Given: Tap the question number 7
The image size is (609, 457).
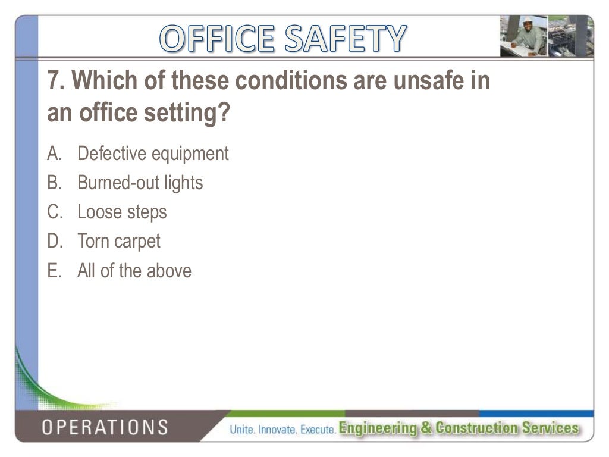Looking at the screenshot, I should [55, 80].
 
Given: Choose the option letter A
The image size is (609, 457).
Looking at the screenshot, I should [54, 154].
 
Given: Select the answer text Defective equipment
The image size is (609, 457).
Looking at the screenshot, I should [153, 154].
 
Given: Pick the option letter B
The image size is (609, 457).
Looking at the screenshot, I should [54, 183].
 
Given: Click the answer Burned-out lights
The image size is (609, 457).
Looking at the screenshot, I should [140, 183].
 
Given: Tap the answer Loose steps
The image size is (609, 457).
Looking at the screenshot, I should [122, 212].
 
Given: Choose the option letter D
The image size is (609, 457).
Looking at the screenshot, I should [54, 241].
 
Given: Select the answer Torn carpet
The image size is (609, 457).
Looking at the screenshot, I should [119, 241].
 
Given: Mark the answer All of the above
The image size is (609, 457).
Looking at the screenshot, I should [134, 271].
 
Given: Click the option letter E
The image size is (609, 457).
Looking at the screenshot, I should [54, 271].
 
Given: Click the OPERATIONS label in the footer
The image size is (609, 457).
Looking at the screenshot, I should [104, 427].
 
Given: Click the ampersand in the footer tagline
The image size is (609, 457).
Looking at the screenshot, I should [428, 428].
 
